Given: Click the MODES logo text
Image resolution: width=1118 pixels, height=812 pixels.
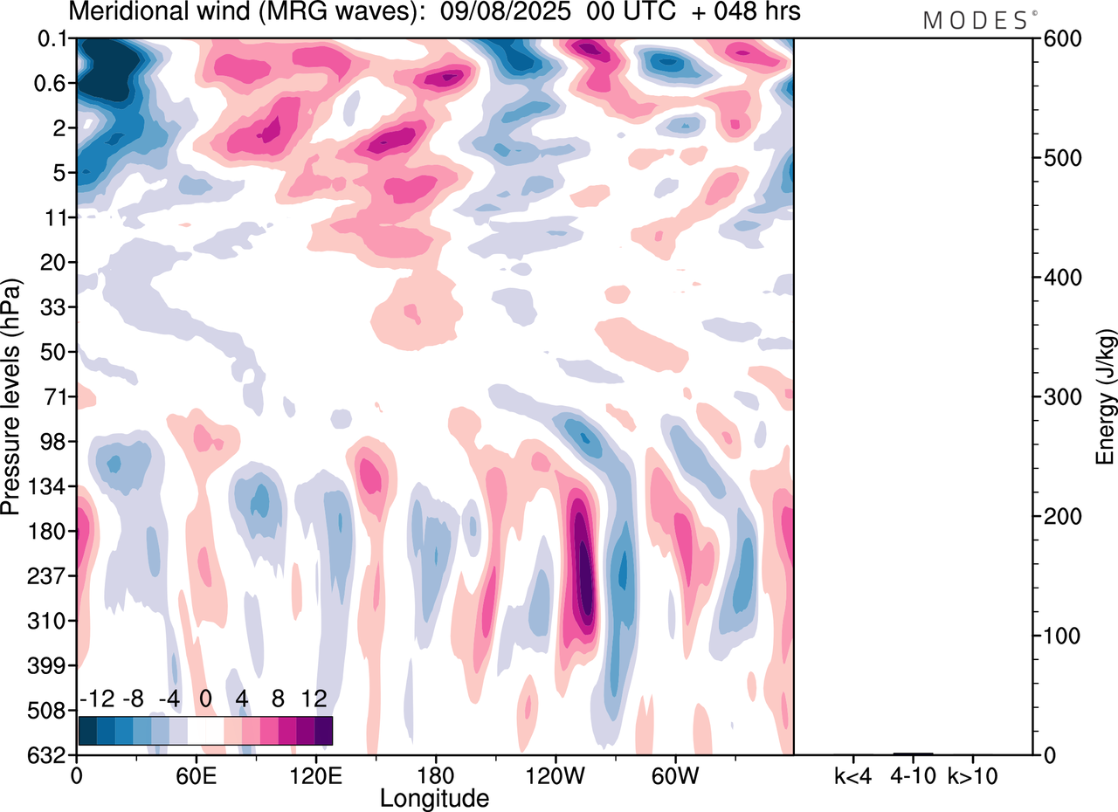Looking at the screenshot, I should click(975, 21).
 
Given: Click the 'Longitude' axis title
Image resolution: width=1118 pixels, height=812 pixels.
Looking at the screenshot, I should click(434, 797).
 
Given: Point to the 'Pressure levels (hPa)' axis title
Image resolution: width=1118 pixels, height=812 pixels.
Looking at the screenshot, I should click(11, 397).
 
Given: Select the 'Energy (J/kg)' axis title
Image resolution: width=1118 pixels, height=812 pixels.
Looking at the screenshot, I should click(1106, 397).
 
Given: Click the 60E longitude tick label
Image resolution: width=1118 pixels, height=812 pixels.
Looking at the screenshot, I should click(196, 774).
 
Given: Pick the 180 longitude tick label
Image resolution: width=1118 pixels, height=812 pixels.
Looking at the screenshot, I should click(434, 774).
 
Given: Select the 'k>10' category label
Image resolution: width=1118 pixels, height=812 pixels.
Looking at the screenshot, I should click(973, 774).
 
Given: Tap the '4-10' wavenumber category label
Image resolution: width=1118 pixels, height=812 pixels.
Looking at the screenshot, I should click(913, 774).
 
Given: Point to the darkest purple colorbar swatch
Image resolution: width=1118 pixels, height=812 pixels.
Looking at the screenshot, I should click(323, 730).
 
